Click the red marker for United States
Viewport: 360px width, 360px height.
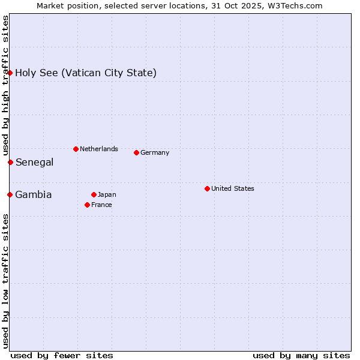[x=207, y=188]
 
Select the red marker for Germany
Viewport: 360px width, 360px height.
[x=136, y=152]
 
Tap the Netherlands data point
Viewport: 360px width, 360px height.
[x=76, y=149]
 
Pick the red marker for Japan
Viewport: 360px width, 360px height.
[x=94, y=194]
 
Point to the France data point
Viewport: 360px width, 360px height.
[x=87, y=205]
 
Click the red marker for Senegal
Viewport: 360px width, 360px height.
[x=10, y=162]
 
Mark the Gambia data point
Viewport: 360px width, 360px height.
[x=10, y=194]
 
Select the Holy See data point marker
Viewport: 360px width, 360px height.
[x=10, y=73]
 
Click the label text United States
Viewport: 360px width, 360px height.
[x=233, y=188]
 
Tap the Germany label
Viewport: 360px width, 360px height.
[x=155, y=152]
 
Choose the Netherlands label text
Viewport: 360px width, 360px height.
[x=99, y=149]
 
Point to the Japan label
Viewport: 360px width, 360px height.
[x=107, y=194]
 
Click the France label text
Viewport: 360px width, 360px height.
[x=101, y=205]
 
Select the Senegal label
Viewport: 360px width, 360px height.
[x=35, y=162]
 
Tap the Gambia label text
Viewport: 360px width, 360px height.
[x=34, y=194]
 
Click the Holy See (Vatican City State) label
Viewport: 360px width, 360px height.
[x=86, y=73]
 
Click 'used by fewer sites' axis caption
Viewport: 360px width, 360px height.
[x=62, y=355]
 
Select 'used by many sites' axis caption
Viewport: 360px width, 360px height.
[x=301, y=355]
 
